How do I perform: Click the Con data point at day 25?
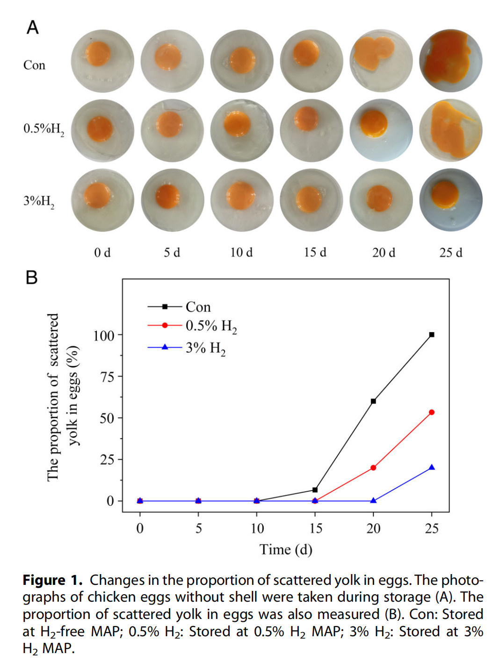coord(432,334)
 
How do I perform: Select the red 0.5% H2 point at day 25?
coord(432,412)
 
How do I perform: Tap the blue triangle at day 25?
coord(432,467)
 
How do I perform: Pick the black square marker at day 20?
coord(373,401)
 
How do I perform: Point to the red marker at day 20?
coord(373,468)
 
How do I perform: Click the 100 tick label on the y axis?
coord(104,335)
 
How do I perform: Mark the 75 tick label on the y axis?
coord(107,377)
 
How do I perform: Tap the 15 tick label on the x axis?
coord(316,528)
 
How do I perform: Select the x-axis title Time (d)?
coord(286,550)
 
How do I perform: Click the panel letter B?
coord(31,277)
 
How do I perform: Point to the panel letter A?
coord(32,28)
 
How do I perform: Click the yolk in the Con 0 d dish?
coord(98,54)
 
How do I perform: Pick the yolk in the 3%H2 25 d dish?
coord(444,194)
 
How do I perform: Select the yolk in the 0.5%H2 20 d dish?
coord(374,123)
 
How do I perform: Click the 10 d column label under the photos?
coord(241,253)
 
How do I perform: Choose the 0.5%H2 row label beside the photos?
coord(43,129)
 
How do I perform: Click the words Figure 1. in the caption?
coord(52,580)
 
